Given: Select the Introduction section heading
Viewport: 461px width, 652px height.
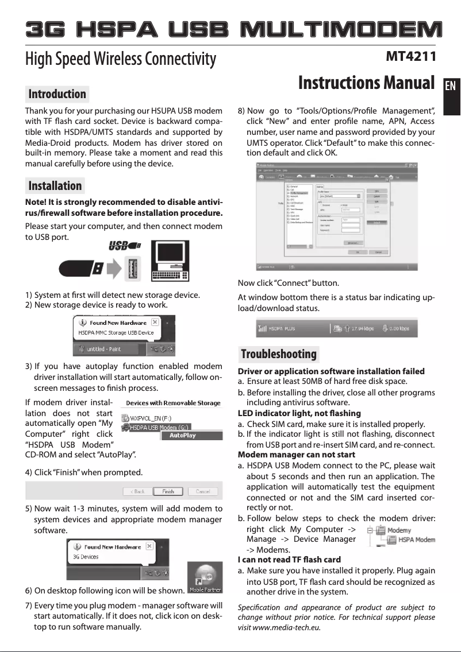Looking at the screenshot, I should click(57, 94).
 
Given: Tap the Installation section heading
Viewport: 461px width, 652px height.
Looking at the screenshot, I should click(55, 185).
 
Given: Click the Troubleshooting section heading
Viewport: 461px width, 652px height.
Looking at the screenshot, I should click(279, 354).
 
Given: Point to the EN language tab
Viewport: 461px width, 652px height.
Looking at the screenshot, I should click(451, 86).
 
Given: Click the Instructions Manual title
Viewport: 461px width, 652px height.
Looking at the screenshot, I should click(366, 83).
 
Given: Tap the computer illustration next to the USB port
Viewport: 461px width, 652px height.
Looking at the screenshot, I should click(170, 261).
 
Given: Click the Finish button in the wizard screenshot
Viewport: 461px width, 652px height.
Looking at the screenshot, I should click(168, 491).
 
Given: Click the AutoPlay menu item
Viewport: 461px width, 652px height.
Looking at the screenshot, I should click(182, 436).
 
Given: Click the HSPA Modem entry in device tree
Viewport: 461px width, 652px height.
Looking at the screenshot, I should click(416, 540).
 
